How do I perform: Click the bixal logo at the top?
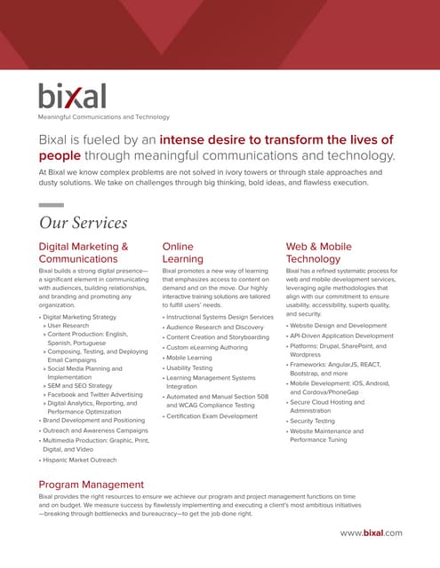click(x=72, y=95)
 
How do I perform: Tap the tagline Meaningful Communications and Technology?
click(x=103, y=116)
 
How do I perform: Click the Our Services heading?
click(x=84, y=222)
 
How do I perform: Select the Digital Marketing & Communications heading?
click(x=84, y=253)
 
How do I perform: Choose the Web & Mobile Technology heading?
click(x=319, y=253)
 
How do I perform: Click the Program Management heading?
click(x=91, y=484)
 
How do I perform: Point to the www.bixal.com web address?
click(x=371, y=532)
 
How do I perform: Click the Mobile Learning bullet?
click(x=188, y=358)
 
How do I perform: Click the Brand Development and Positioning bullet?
click(x=93, y=420)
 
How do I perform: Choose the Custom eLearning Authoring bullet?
click(x=206, y=347)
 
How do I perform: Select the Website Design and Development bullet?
click(x=339, y=326)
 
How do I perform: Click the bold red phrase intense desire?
click(x=234, y=139)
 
